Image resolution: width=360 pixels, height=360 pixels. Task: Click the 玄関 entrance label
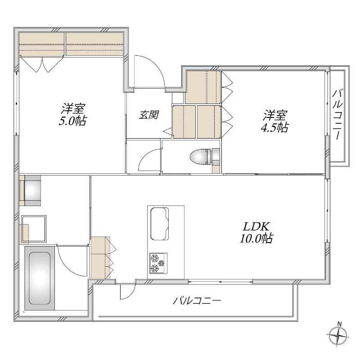click(149, 115)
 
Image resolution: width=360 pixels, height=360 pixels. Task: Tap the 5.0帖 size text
click(72, 121)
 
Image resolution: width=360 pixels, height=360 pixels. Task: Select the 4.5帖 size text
click(274, 127)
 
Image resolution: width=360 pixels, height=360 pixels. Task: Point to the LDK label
click(256, 227)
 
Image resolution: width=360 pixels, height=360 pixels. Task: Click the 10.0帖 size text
click(256, 238)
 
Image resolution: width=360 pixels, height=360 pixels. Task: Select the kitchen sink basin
click(159, 223)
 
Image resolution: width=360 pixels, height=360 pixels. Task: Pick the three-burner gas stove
click(158, 263)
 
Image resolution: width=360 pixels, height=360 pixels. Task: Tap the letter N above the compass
click(339, 324)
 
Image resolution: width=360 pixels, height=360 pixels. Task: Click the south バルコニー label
click(197, 300)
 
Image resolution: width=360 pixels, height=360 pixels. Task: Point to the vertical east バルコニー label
click(337, 115)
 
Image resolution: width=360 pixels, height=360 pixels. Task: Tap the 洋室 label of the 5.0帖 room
click(73, 109)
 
